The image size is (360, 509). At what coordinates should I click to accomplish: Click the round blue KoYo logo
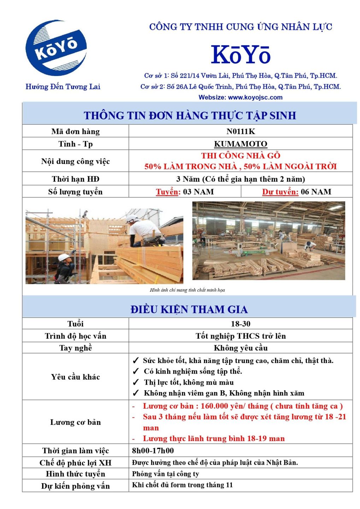(x=57, y=48)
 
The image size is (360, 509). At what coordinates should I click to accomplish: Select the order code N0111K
(x=241, y=131)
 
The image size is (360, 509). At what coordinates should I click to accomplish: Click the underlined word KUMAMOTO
(x=241, y=144)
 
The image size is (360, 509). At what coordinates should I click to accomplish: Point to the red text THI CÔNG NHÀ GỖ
(x=241, y=156)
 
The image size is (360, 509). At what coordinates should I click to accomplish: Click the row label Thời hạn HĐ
(x=75, y=179)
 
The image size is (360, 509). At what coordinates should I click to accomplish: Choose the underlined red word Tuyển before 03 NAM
(x=168, y=192)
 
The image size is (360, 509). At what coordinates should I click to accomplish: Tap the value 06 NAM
(x=316, y=192)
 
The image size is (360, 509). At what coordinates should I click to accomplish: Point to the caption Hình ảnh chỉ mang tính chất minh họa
(x=187, y=290)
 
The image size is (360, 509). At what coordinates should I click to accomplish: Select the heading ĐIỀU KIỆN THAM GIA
(x=189, y=309)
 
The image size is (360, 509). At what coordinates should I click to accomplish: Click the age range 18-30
(x=241, y=324)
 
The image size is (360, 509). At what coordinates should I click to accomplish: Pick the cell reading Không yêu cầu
(x=241, y=348)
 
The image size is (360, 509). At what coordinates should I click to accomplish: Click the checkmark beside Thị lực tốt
(x=136, y=382)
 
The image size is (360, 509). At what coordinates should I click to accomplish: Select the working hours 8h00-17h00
(x=153, y=451)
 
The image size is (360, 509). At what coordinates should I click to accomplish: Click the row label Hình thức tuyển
(x=75, y=474)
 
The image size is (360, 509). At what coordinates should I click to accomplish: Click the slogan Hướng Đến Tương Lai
(x=63, y=87)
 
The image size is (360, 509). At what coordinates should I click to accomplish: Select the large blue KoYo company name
(x=241, y=55)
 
